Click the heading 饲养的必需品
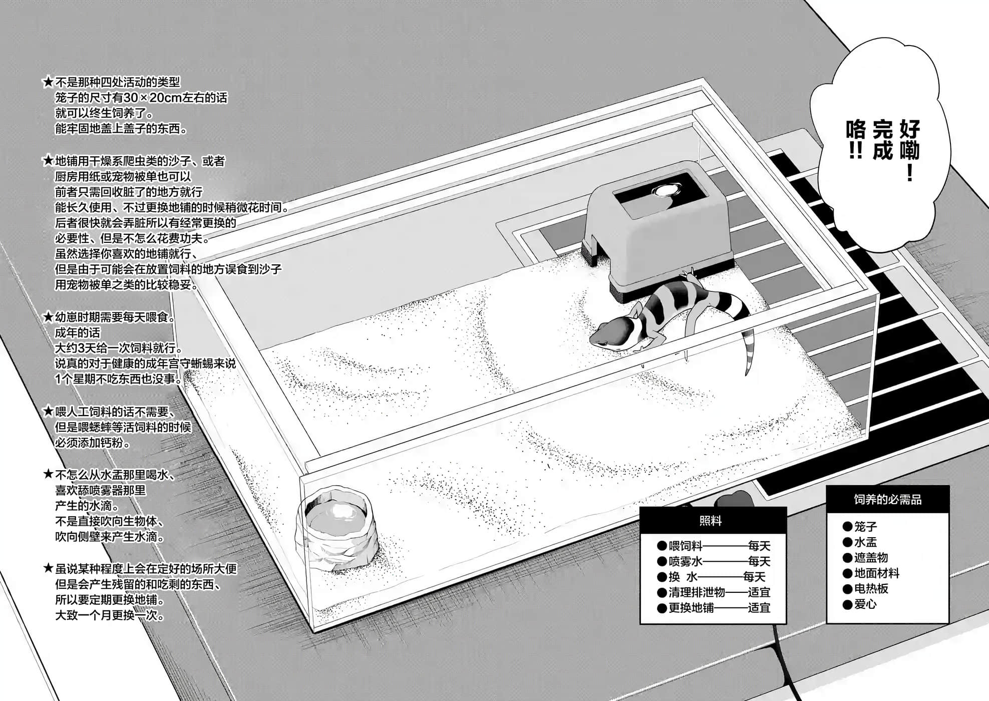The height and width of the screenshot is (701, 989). coord(887,499)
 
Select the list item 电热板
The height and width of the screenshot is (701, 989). coord(871,588)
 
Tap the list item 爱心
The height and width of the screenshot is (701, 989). coord(865,604)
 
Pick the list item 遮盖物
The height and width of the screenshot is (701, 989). coord(871,557)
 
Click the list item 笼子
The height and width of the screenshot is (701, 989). coord(865,526)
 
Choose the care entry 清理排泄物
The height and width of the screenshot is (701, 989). coord(697,592)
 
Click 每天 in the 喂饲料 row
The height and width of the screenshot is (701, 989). coord(759,546)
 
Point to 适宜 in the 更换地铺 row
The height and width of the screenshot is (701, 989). coord(759,608)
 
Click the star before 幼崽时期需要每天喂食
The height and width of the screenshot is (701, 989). coord(48,317)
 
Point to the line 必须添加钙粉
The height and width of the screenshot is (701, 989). coord(93,443)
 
